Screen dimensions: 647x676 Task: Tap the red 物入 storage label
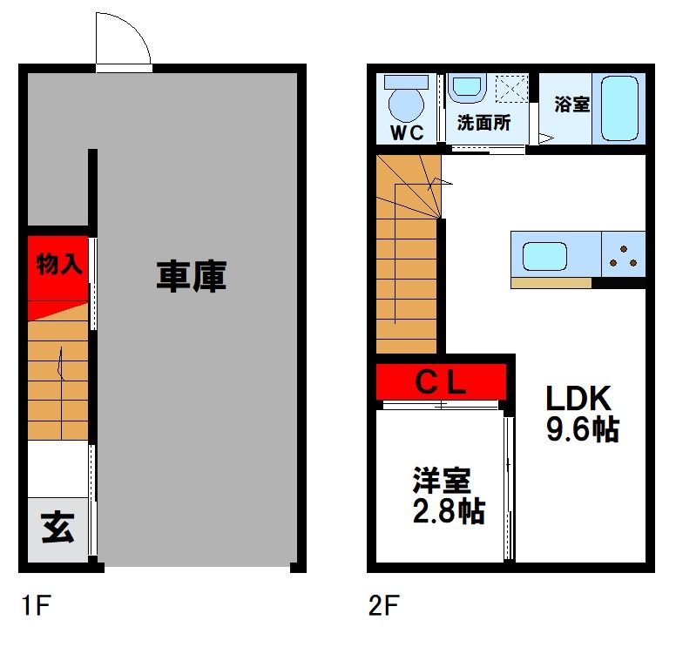tap(59, 264)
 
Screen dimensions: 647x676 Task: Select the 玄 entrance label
tap(57, 529)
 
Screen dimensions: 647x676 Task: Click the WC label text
tap(406, 132)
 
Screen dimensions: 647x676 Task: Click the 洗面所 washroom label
tap(484, 124)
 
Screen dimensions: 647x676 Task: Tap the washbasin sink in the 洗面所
tap(468, 88)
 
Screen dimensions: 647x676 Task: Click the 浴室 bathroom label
tap(572, 104)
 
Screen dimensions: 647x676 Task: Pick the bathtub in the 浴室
tap(620, 109)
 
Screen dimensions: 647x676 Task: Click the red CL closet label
tap(441, 381)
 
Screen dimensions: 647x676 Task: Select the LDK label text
tap(576, 399)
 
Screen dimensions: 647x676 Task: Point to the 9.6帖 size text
tap(582, 429)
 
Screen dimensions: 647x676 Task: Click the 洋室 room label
tap(442, 481)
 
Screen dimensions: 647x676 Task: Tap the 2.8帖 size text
tap(449, 511)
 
